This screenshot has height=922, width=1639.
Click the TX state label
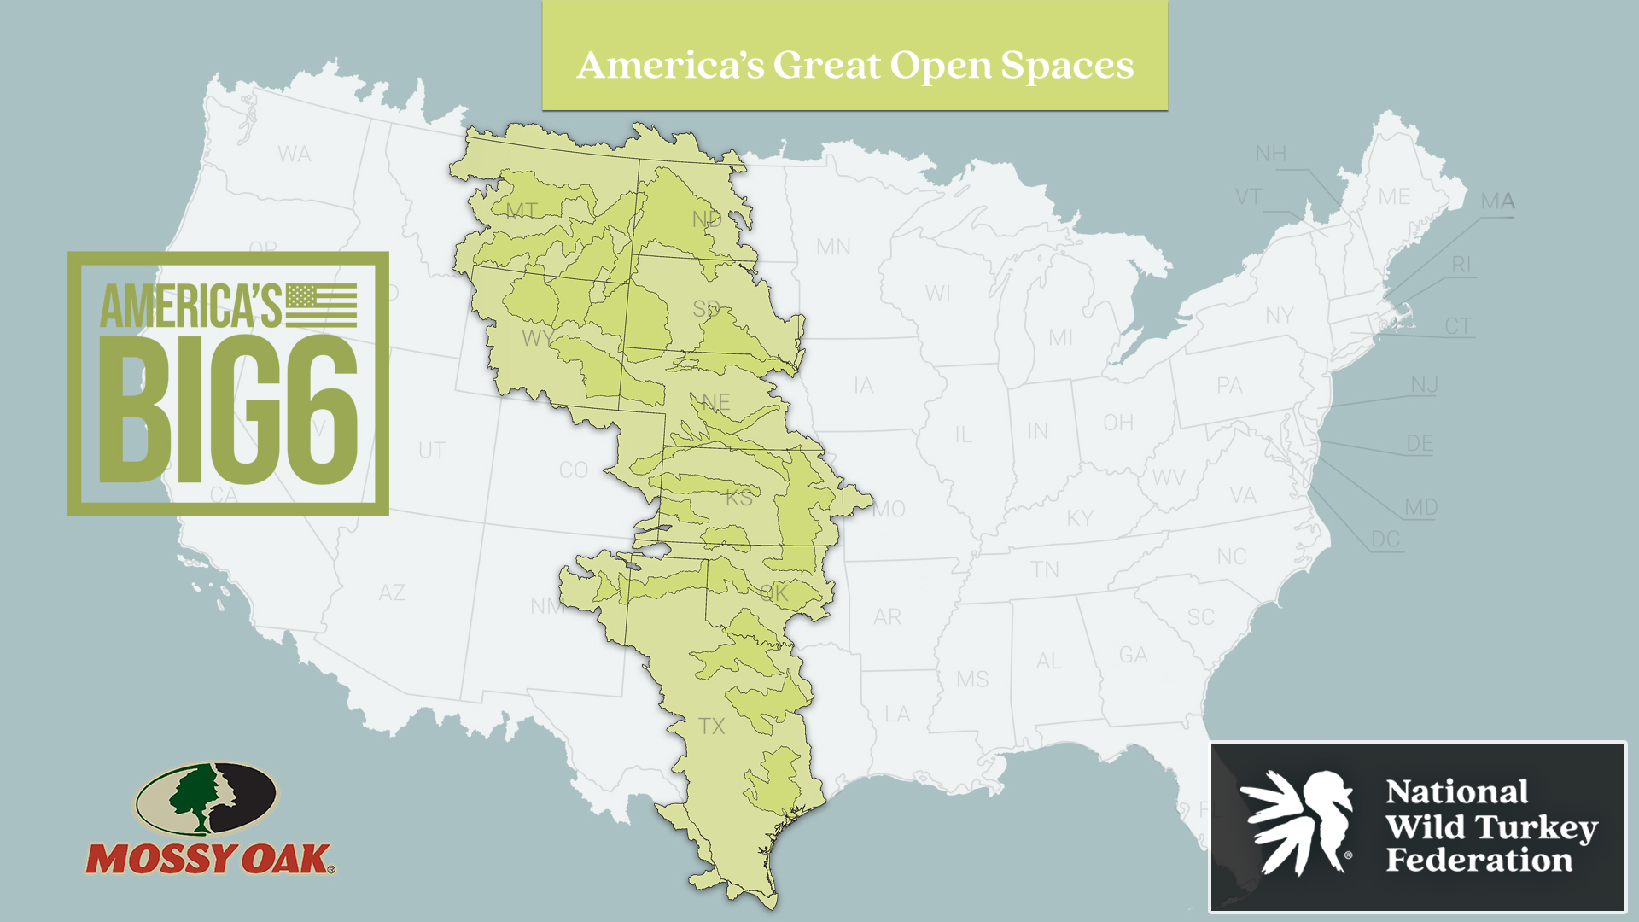711,727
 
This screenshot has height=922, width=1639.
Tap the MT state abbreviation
522,211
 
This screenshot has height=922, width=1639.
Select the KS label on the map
739,498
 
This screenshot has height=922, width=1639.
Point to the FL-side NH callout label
1270,154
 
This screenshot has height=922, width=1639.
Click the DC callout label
1385,540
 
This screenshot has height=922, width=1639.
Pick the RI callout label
1461,265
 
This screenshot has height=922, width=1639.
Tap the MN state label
833,247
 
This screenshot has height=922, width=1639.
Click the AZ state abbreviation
392,592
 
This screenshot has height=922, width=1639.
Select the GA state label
1133,655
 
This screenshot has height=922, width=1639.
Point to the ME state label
1393,197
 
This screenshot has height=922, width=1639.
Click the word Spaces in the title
1067,66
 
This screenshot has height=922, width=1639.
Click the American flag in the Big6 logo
321,306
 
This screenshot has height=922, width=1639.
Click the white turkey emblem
1298,821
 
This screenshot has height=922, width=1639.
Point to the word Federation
1479,861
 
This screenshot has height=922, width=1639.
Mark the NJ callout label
1424,385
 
